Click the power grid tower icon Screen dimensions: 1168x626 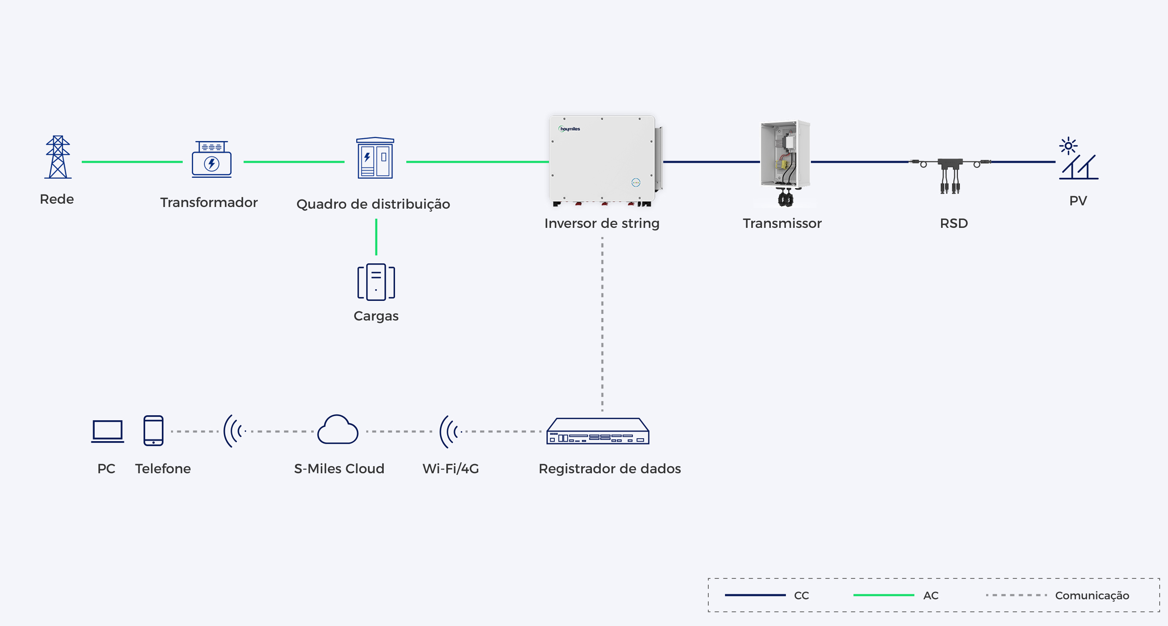tap(58, 157)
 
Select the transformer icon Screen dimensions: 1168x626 tap(212, 159)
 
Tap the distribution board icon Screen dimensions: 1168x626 tap(375, 158)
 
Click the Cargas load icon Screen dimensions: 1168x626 tap(376, 282)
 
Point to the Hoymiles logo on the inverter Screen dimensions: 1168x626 tap(569, 129)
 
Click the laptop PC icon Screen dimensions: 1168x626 tap(108, 431)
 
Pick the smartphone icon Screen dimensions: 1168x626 tap(153, 431)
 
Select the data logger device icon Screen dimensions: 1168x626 tap(598, 431)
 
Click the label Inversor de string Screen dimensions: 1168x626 tap(602, 223)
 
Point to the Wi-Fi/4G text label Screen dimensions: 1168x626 tap(451, 469)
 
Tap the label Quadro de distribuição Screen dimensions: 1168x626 tap(373, 204)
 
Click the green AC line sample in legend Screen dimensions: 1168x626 tap(884, 595)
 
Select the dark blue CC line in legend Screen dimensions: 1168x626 tap(755, 595)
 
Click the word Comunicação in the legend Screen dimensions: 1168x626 tap(1092, 596)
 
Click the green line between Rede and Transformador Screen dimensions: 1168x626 tap(132, 162)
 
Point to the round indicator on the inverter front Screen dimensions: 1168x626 tap(636, 182)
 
